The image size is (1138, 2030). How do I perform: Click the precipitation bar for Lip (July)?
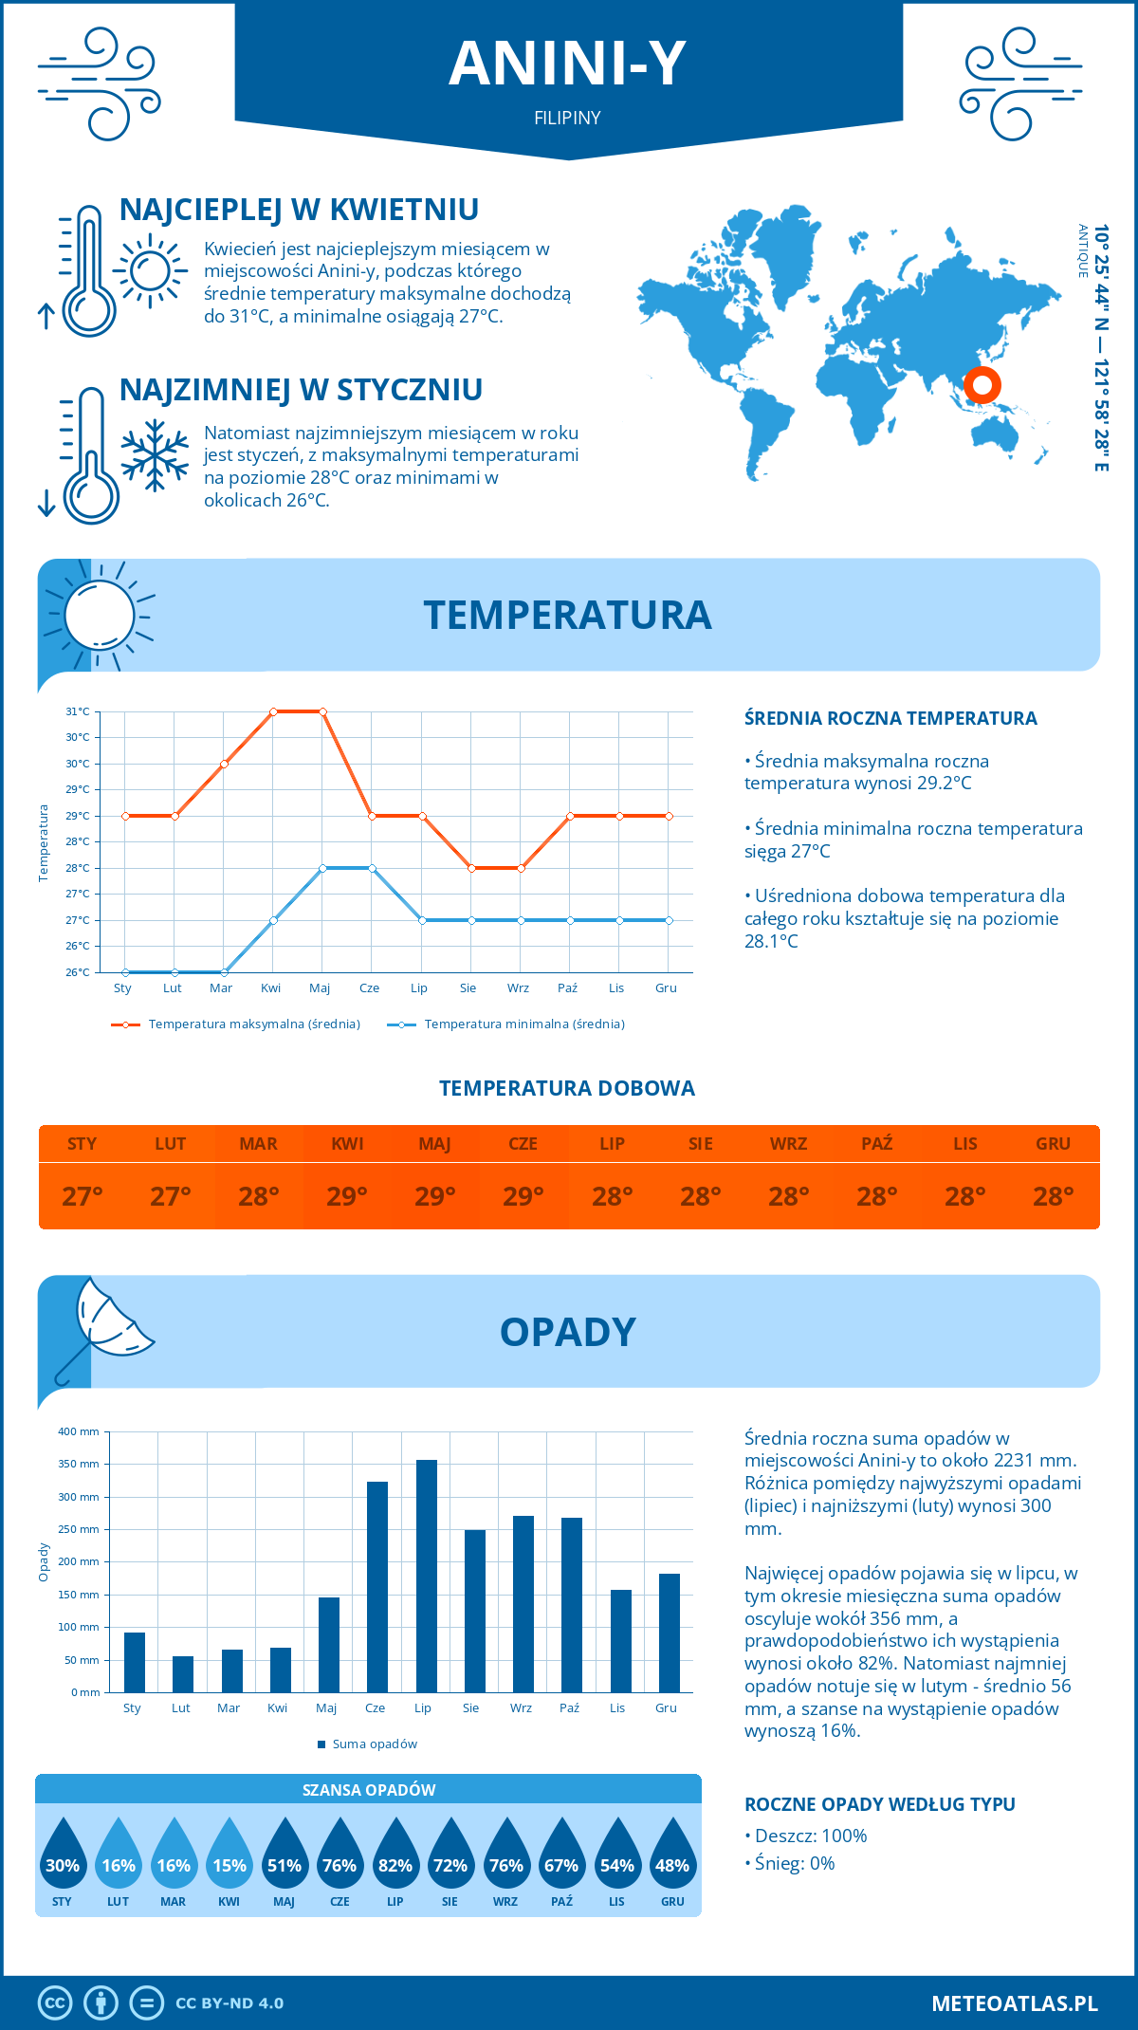(x=426, y=1576)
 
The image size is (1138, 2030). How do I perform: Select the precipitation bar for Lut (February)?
(x=183, y=1674)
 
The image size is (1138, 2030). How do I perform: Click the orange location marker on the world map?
(x=982, y=385)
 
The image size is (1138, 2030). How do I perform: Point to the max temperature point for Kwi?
(x=273, y=711)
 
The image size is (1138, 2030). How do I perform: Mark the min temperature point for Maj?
(x=323, y=868)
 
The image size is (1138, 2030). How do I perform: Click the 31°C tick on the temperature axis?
(x=78, y=711)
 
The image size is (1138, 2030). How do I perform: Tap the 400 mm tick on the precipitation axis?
(x=79, y=1431)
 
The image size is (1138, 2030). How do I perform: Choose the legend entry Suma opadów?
(x=374, y=1744)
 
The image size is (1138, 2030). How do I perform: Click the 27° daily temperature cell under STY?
(x=83, y=1196)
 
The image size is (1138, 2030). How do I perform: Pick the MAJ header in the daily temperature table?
(x=435, y=1144)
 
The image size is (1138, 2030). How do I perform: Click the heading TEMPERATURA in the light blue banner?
(x=567, y=615)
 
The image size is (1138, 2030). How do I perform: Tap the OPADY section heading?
(x=567, y=1332)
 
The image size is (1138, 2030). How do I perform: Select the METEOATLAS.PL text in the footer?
(x=1014, y=2002)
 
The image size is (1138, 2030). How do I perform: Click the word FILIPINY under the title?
(x=567, y=118)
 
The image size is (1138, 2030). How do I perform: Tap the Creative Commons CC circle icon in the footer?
(x=55, y=2002)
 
